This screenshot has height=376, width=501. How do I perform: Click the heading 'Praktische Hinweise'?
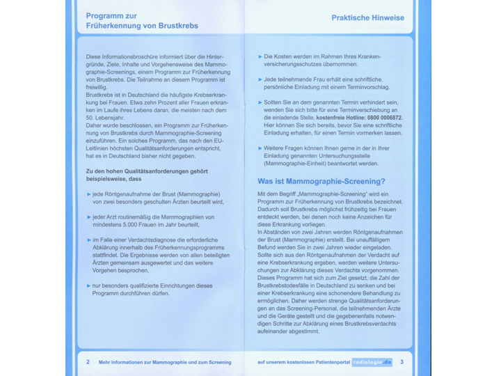[x=367, y=18]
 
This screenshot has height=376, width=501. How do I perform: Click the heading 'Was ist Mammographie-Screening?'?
[x=321, y=182]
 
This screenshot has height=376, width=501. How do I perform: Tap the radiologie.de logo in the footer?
[x=372, y=362]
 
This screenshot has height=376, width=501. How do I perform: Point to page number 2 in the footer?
[x=88, y=362]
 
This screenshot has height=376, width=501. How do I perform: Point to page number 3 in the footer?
[x=402, y=362]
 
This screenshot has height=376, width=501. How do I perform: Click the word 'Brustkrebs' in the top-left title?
[x=175, y=26]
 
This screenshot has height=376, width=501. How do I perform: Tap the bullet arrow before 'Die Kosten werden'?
[x=260, y=56]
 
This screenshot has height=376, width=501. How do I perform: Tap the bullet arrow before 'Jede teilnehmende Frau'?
[x=260, y=79]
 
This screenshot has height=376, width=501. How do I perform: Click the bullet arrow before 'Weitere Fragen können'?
[x=260, y=148]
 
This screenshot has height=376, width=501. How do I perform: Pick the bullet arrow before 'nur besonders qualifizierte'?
[x=88, y=285]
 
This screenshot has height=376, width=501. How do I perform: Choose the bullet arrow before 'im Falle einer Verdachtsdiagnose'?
[x=88, y=240]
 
